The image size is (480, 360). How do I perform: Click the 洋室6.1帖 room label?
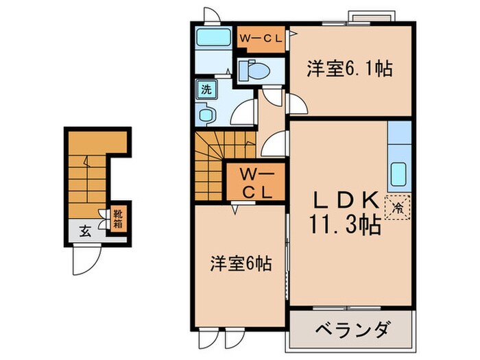[349, 69]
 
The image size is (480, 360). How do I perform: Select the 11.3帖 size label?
[347, 227]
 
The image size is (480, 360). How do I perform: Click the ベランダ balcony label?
[352, 330]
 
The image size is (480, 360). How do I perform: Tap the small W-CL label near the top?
[260, 38]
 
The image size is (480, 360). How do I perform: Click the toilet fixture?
[255, 71]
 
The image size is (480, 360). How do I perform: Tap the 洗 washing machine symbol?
[205, 88]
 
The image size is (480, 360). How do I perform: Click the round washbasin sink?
[206, 115]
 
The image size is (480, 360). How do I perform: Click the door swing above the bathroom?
[212, 15]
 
